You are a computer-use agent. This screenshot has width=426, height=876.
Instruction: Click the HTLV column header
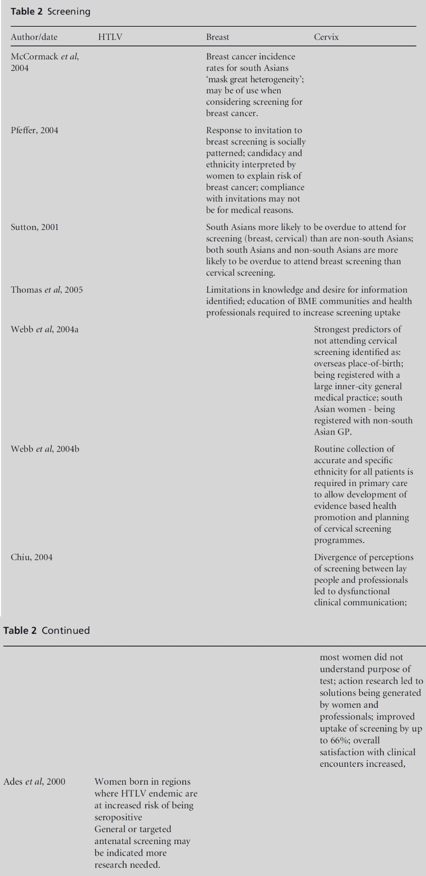(x=110, y=37)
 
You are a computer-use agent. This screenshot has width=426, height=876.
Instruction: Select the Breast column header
(x=217, y=37)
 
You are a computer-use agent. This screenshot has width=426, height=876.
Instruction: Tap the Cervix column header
(x=326, y=37)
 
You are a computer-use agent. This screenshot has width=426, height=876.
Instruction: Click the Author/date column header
(x=34, y=37)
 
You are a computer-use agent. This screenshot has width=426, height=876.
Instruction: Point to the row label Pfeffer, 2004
(x=34, y=131)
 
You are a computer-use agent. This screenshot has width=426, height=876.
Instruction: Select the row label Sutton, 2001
(x=34, y=227)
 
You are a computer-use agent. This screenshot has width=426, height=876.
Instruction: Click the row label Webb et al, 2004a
(x=44, y=329)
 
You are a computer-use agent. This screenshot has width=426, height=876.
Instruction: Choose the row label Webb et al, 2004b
(x=45, y=449)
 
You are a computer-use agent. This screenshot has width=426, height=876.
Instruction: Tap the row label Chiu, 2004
(x=31, y=558)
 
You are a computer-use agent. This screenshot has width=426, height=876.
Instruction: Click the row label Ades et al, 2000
(x=34, y=782)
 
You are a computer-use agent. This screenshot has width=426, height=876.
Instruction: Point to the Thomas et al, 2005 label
(x=46, y=290)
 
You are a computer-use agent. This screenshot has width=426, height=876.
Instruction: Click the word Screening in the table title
(x=69, y=12)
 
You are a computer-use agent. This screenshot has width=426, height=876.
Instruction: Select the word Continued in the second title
(x=66, y=631)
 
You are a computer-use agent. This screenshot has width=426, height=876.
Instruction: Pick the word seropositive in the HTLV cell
(x=118, y=817)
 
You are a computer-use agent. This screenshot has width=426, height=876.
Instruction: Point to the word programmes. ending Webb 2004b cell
(x=339, y=540)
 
